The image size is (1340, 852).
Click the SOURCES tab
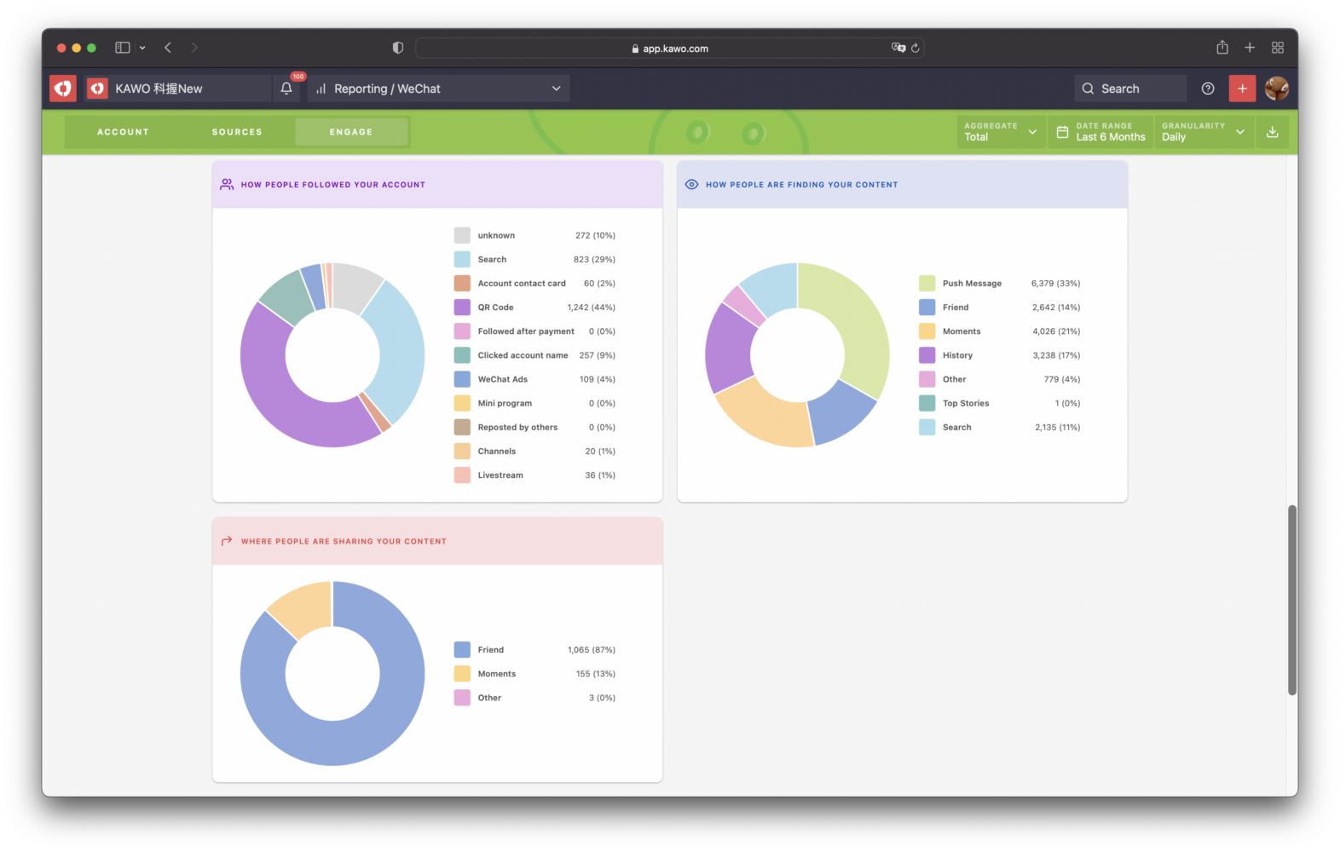pos(237,132)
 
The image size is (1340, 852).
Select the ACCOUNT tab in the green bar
pos(123,132)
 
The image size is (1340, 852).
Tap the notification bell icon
pos(286,89)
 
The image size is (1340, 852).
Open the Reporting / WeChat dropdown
pos(438,89)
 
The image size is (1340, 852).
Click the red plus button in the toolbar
pos(1242,89)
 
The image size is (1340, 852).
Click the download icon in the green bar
pos(1272,132)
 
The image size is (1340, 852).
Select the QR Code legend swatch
pos(462,308)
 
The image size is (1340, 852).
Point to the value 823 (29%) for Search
pos(593,260)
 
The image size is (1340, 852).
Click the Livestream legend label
pos(500,475)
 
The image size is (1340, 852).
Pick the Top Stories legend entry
pos(965,404)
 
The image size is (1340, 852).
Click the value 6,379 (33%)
pos(1054,284)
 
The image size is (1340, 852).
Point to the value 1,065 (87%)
pos(591,650)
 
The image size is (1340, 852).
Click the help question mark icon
pos(1207,89)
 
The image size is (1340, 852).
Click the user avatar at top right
pos(1276,89)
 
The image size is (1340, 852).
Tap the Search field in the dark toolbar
pos(1130,89)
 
